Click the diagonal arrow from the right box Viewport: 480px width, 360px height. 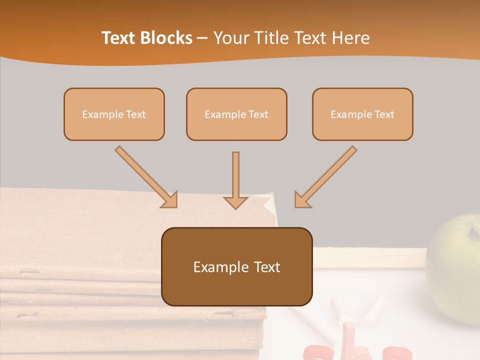[x=327, y=175]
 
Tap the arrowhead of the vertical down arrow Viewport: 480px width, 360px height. [x=235, y=202]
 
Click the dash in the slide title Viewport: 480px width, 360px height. [x=202, y=38]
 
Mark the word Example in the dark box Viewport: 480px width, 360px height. [x=221, y=267]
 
